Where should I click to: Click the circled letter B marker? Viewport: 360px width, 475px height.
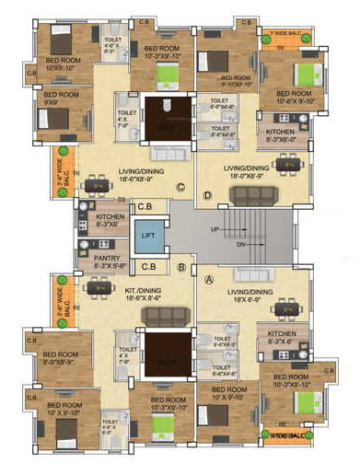coord(182,268)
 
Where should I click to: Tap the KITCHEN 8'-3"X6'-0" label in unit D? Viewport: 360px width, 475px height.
coord(280,136)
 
